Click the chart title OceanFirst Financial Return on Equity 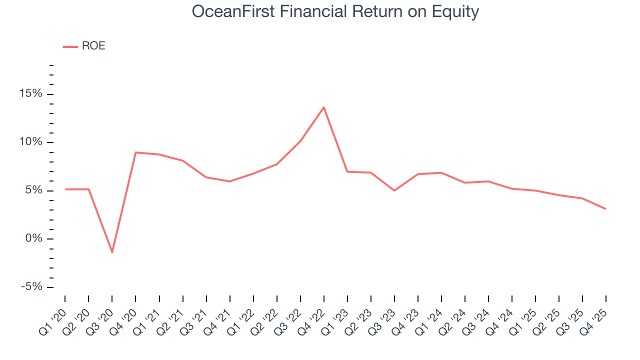click(x=335, y=12)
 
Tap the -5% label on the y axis click(x=31, y=287)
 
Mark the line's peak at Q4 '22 click(x=324, y=107)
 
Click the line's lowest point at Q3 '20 click(x=112, y=252)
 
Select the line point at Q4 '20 click(x=135, y=152)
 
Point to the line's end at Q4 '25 click(x=605, y=208)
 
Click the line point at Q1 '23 click(x=347, y=171)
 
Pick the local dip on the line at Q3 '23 click(x=394, y=190)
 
